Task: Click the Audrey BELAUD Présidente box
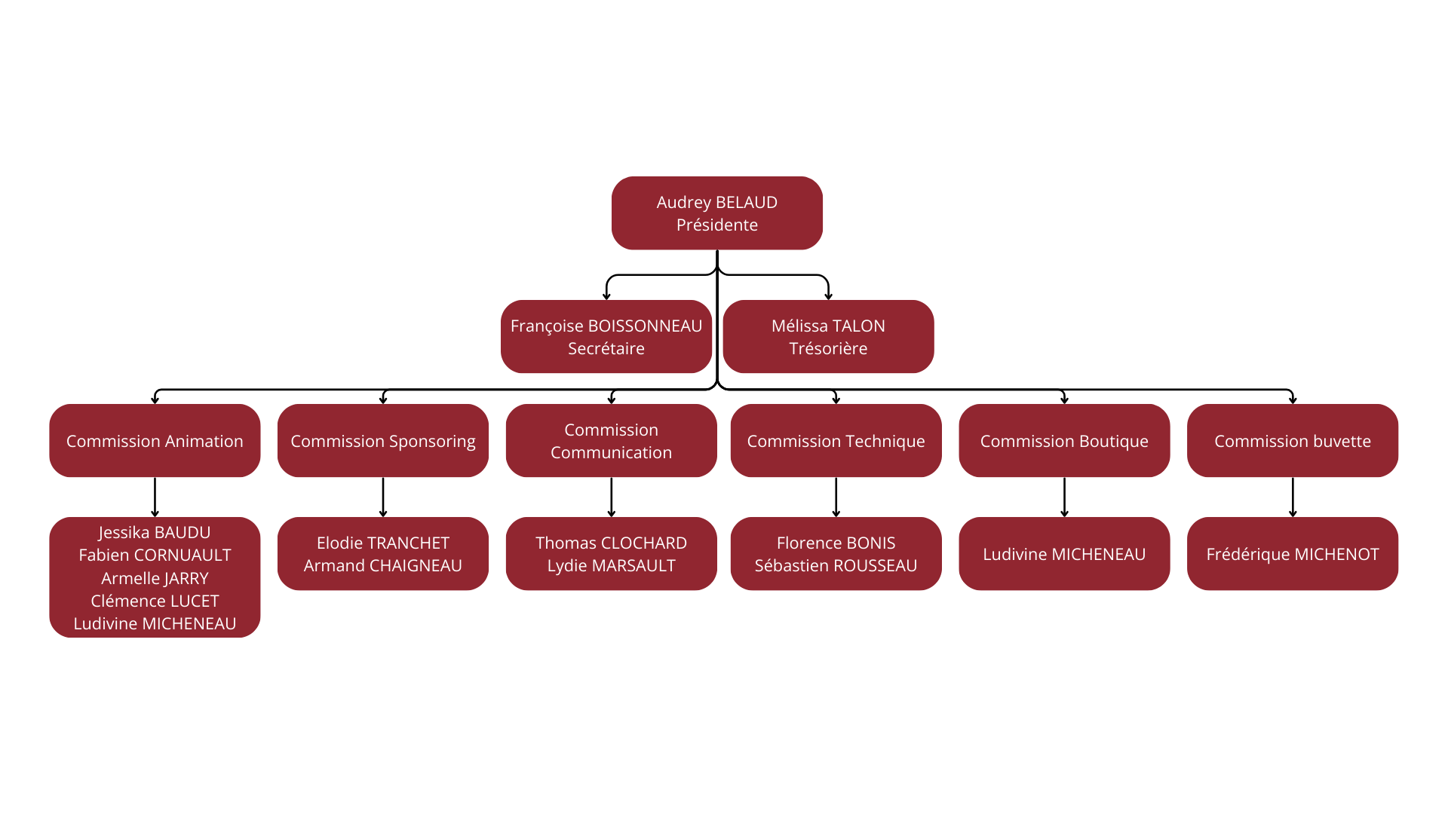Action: pyautogui.click(x=716, y=213)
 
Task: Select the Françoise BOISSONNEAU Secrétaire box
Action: pyautogui.click(x=606, y=337)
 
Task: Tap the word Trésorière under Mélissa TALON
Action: pyautogui.click(x=828, y=349)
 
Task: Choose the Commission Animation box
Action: pyautogui.click(x=155, y=441)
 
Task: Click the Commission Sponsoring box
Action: pyautogui.click(x=382, y=441)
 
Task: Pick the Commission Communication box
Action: pyautogui.click(x=611, y=441)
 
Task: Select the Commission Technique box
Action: pyautogui.click(x=836, y=441)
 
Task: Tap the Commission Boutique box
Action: pyautogui.click(x=1064, y=441)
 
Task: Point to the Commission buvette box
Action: pyautogui.click(x=1292, y=441)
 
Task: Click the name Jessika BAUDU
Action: pyautogui.click(x=155, y=533)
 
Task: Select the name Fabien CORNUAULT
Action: pyautogui.click(x=155, y=555)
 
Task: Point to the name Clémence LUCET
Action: pyautogui.click(x=155, y=601)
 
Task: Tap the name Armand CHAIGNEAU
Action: pyautogui.click(x=382, y=566)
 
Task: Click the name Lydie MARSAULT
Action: pyautogui.click(x=611, y=566)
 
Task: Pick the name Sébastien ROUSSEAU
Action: pyautogui.click(x=836, y=566)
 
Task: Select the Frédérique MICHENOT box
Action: pyautogui.click(x=1292, y=554)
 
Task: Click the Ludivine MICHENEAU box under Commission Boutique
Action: pyautogui.click(x=1064, y=554)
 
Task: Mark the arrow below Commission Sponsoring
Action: pyautogui.click(x=383, y=497)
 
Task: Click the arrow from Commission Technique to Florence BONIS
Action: pyautogui.click(x=836, y=497)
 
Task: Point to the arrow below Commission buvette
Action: pyautogui.click(x=1293, y=497)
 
